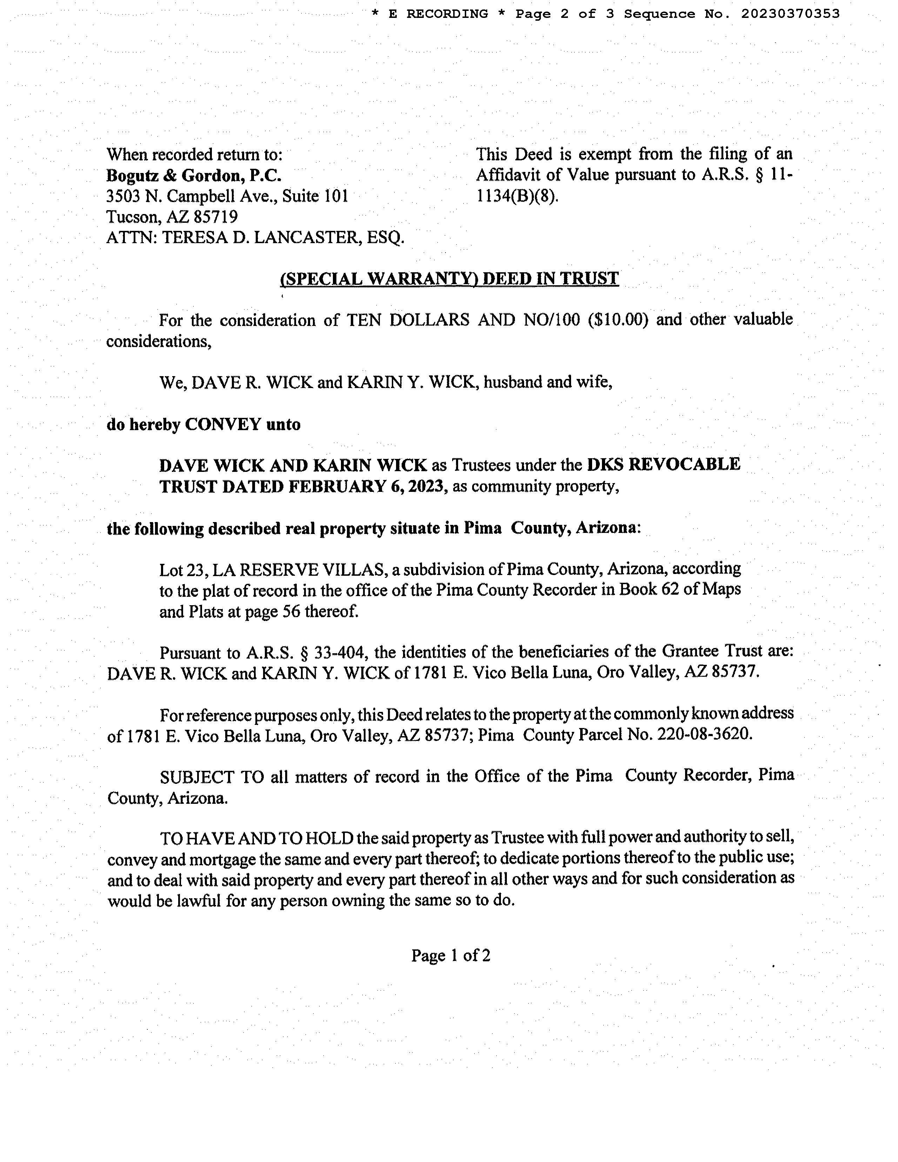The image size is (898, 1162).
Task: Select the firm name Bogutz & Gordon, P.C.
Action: click(194, 175)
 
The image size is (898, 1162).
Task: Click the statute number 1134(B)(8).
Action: click(517, 196)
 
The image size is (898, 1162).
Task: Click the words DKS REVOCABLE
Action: click(663, 465)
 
